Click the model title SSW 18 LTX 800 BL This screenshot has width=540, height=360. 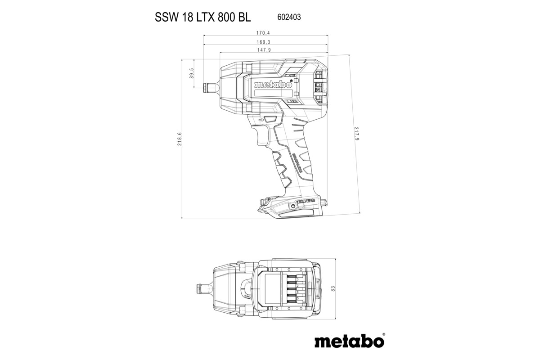pyautogui.click(x=203, y=17)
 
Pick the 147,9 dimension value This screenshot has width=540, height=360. pyautogui.click(x=264, y=50)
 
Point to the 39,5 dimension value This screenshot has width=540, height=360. pyautogui.click(x=192, y=73)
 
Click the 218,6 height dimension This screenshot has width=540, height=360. pyautogui.click(x=179, y=139)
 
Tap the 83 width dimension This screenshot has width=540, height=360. pyautogui.click(x=333, y=288)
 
